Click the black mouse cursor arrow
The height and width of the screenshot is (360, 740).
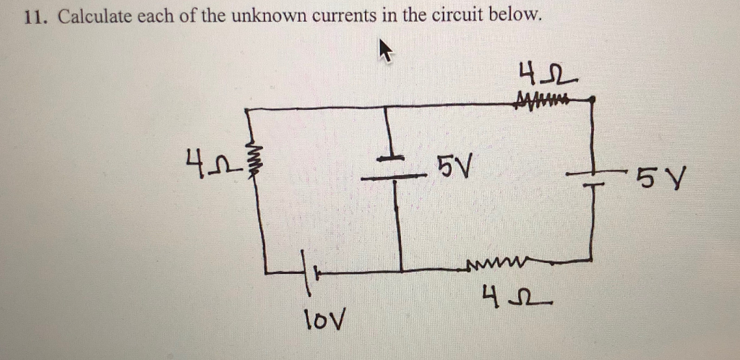[387, 52]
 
